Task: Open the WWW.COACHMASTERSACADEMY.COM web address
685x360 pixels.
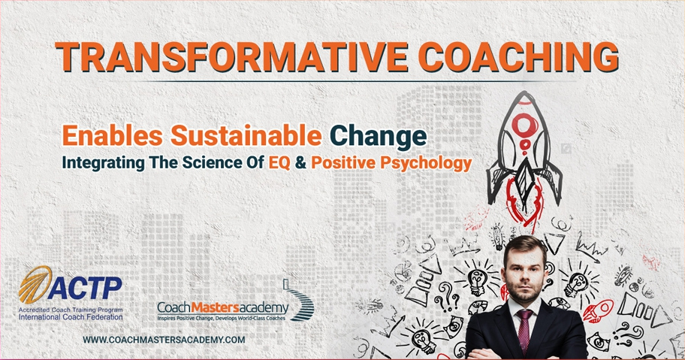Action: (x=164, y=340)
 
